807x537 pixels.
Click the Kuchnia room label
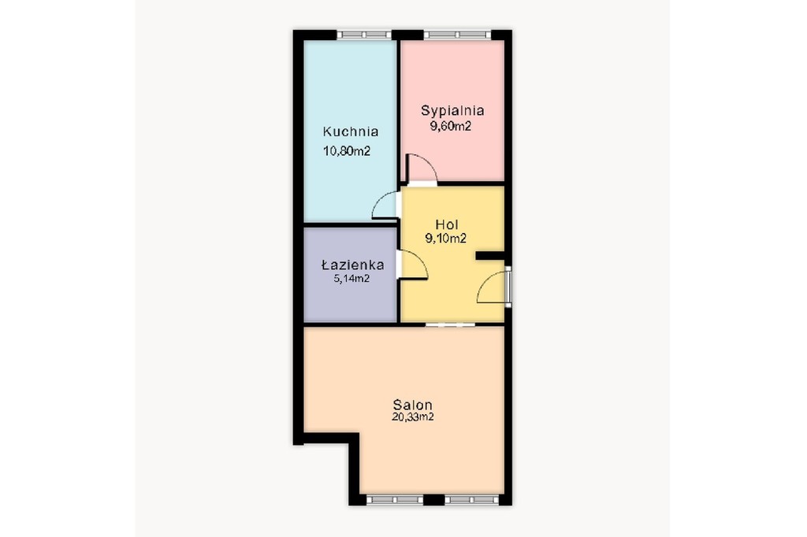(x=351, y=131)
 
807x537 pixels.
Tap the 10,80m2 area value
(x=347, y=151)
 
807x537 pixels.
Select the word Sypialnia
(x=452, y=111)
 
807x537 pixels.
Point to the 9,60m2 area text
(x=451, y=126)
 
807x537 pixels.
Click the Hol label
(x=447, y=224)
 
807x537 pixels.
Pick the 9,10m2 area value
(x=446, y=238)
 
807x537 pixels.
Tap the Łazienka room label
(x=352, y=265)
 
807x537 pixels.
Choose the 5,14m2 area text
(x=351, y=279)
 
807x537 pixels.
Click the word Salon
(x=412, y=404)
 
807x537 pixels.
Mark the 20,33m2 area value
(x=412, y=417)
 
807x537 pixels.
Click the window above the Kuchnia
(x=364, y=35)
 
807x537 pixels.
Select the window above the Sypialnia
(x=457, y=35)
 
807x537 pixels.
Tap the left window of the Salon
(x=395, y=499)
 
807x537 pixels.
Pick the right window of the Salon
(x=472, y=499)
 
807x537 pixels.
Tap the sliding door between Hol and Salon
(x=450, y=324)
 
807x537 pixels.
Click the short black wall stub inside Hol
(x=490, y=255)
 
